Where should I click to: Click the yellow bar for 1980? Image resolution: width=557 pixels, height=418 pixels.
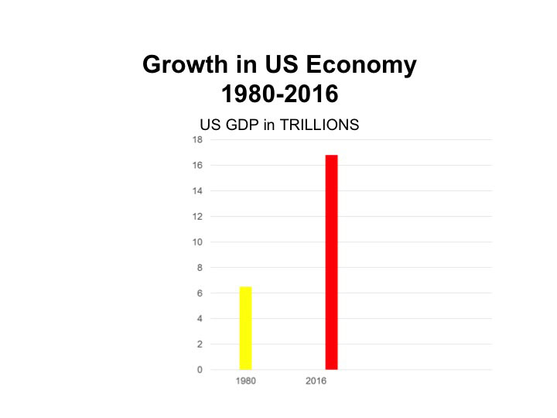coord(245,328)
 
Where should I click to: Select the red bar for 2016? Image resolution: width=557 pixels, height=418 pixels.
coord(331,262)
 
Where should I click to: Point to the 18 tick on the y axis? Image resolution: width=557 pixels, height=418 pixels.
coord(197,140)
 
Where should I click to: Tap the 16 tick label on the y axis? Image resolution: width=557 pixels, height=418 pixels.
coord(197,166)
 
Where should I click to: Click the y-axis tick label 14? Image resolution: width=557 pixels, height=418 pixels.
coord(197,191)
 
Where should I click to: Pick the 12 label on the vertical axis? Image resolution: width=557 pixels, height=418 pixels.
coord(197,217)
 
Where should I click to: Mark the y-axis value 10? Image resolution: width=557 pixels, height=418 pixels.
coord(197,242)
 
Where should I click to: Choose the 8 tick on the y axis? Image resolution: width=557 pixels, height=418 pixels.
coord(200,268)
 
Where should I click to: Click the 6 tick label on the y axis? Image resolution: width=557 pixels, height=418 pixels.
coord(200,293)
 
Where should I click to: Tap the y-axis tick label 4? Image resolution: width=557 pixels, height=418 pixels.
coord(200,318)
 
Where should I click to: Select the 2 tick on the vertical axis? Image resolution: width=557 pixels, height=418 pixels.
coord(200,344)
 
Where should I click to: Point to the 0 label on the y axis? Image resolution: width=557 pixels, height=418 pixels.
coord(200,369)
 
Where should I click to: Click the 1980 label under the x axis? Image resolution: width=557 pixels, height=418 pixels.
coord(246,382)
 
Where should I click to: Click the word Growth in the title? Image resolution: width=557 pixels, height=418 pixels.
coord(180,65)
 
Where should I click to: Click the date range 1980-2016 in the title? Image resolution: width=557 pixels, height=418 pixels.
coord(279,94)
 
